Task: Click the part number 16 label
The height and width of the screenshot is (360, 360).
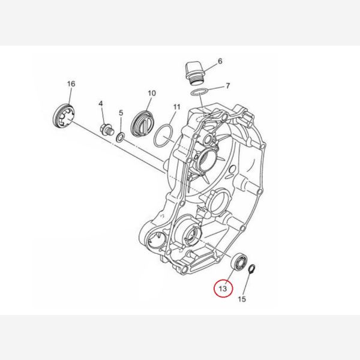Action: coord(71,84)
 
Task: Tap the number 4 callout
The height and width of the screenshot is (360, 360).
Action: coord(101,104)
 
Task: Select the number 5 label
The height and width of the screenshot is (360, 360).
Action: coord(121,113)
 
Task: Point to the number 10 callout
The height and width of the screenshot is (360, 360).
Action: coord(152,93)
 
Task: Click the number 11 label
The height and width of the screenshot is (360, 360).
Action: coord(176,107)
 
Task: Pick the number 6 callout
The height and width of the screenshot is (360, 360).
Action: coord(220,61)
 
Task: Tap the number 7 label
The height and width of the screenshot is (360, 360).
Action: coord(228,86)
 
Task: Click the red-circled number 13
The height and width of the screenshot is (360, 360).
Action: coord(223,289)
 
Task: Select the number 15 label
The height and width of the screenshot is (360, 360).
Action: coord(242,299)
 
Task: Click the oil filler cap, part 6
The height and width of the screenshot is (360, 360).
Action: coord(196,73)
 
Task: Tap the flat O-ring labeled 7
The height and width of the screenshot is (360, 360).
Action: coord(200,92)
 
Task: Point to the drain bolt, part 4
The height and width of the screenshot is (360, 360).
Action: coord(107,130)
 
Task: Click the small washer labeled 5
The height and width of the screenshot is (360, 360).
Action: coord(121,137)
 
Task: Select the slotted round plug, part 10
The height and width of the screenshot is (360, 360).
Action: coord(142,124)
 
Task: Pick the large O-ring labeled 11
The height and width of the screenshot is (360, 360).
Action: coord(164,136)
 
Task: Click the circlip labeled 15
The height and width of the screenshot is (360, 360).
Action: coord(252,269)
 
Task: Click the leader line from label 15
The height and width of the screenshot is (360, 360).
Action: coord(247,284)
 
